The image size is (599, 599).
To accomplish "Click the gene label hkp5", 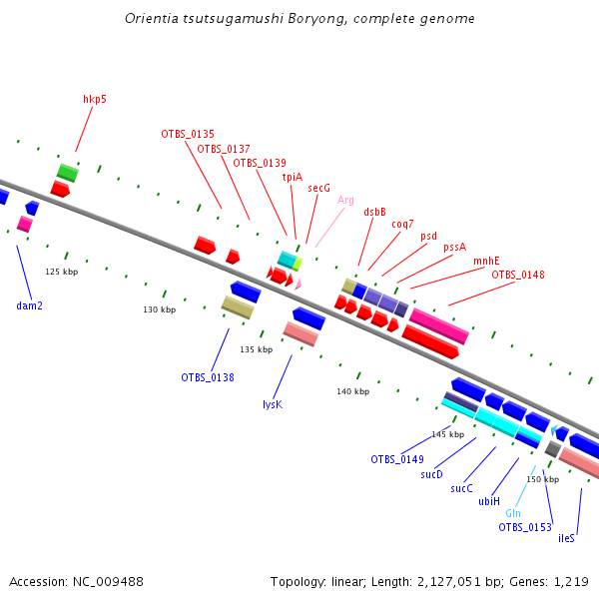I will (95, 99).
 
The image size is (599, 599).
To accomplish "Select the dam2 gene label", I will (30, 305).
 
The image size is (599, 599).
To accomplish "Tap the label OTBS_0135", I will (188, 134).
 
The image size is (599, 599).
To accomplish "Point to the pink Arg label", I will (345, 200).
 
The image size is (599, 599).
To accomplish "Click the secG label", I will (318, 188).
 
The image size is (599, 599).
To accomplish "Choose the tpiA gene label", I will (293, 177).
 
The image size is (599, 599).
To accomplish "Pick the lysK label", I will (272, 404).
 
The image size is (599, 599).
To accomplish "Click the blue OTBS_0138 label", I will (208, 377).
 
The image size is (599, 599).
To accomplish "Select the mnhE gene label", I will (486, 262).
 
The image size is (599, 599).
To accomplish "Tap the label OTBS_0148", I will (518, 275).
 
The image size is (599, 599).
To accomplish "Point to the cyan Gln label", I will (513, 513).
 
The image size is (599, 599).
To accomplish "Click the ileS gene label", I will (566, 538).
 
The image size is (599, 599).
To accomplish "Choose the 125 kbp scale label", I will (61, 272).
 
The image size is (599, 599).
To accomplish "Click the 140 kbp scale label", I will (353, 391).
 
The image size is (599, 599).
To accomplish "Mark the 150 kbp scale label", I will (542, 479).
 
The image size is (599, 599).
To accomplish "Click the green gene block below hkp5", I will (68, 172).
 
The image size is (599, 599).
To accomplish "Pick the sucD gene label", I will (431, 474).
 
